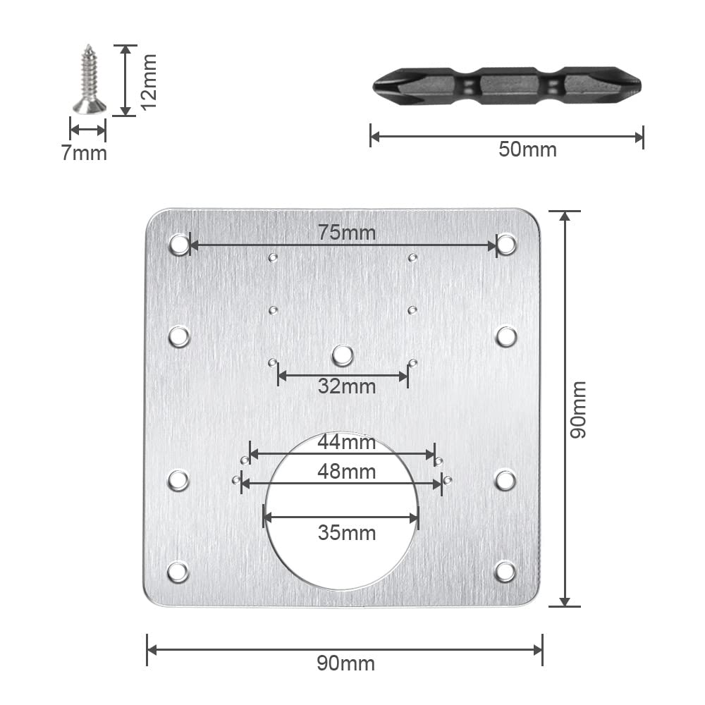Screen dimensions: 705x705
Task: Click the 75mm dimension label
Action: click(347, 233)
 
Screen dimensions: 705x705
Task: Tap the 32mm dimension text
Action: click(347, 386)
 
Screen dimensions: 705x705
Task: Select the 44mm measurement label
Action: click(347, 442)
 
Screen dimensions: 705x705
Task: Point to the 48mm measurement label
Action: click(347, 472)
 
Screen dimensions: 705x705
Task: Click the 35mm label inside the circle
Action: click(347, 533)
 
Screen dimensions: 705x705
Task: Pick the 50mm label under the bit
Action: click(527, 149)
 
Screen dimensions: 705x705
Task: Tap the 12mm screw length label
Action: click(148, 81)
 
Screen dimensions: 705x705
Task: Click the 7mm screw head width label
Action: click(84, 153)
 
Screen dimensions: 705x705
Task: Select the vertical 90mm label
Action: click(578, 409)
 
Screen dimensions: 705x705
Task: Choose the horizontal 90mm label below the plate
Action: click(345, 663)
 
